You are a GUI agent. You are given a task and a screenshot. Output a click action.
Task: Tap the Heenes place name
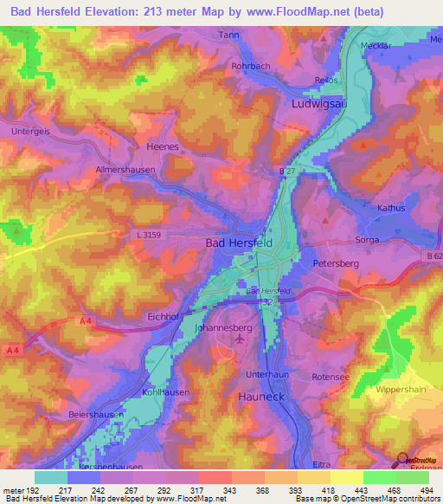click(163, 147)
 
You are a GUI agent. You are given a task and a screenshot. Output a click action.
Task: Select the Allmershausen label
click(125, 171)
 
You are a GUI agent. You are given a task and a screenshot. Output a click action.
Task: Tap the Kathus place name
click(392, 209)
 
